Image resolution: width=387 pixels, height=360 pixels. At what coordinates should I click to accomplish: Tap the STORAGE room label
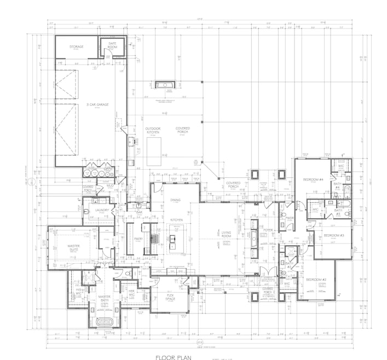click(x=77, y=47)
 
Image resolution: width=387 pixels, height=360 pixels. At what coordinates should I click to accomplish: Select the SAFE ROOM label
click(x=113, y=45)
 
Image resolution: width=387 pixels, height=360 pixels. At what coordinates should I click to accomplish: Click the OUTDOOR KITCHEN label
click(x=153, y=131)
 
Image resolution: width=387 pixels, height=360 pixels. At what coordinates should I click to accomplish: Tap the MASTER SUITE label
click(x=74, y=248)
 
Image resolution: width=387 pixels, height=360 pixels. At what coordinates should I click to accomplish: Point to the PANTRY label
click(x=138, y=239)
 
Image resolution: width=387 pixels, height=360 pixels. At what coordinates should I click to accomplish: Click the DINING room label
click(x=175, y=200)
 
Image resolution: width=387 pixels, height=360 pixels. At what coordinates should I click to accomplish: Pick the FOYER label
click(x=268, y=230)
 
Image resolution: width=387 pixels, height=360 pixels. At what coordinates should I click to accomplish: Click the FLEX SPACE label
click(x=170, y=297)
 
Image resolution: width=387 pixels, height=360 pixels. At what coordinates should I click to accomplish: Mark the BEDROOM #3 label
click(x=333, y=235)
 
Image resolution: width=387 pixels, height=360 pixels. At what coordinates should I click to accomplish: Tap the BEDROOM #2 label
click(x=316, y=280)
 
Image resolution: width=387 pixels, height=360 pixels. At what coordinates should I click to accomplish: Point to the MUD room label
click(x=110, y=186)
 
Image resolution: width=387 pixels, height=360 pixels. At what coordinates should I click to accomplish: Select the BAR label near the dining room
click(x=140, y=212)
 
